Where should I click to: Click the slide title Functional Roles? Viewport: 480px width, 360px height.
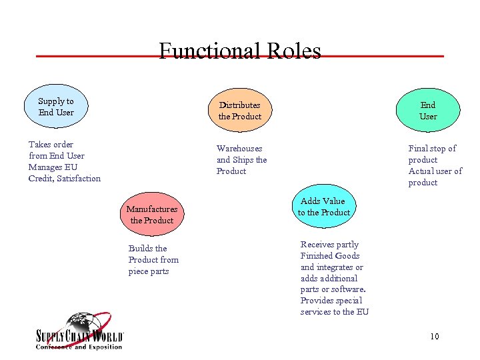pos(240,51)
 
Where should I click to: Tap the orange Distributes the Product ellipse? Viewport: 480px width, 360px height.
pos(240,111)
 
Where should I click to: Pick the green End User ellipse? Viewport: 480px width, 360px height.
pos(428,111)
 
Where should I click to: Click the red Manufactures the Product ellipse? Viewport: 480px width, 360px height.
pos(152,215)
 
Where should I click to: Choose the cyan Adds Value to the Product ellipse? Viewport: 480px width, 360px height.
pos(323,207)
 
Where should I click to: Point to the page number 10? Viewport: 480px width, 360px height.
pos(434,336)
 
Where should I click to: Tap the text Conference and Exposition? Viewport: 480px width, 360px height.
pos(79,347)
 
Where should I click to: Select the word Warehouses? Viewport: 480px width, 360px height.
pos(239,149)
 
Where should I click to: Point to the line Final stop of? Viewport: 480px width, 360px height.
pos(432,149)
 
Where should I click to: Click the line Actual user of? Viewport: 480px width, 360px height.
pos(435,171)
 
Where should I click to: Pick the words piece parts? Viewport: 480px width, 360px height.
pos(149,271)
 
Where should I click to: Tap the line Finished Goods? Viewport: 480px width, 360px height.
pos(330,256)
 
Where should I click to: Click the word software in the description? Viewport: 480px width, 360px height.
pos(350,289)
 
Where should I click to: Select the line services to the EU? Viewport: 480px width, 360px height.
pos(334,312)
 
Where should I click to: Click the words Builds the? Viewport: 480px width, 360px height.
pos(147,249)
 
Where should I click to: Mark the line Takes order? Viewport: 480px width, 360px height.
pos(51,145)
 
